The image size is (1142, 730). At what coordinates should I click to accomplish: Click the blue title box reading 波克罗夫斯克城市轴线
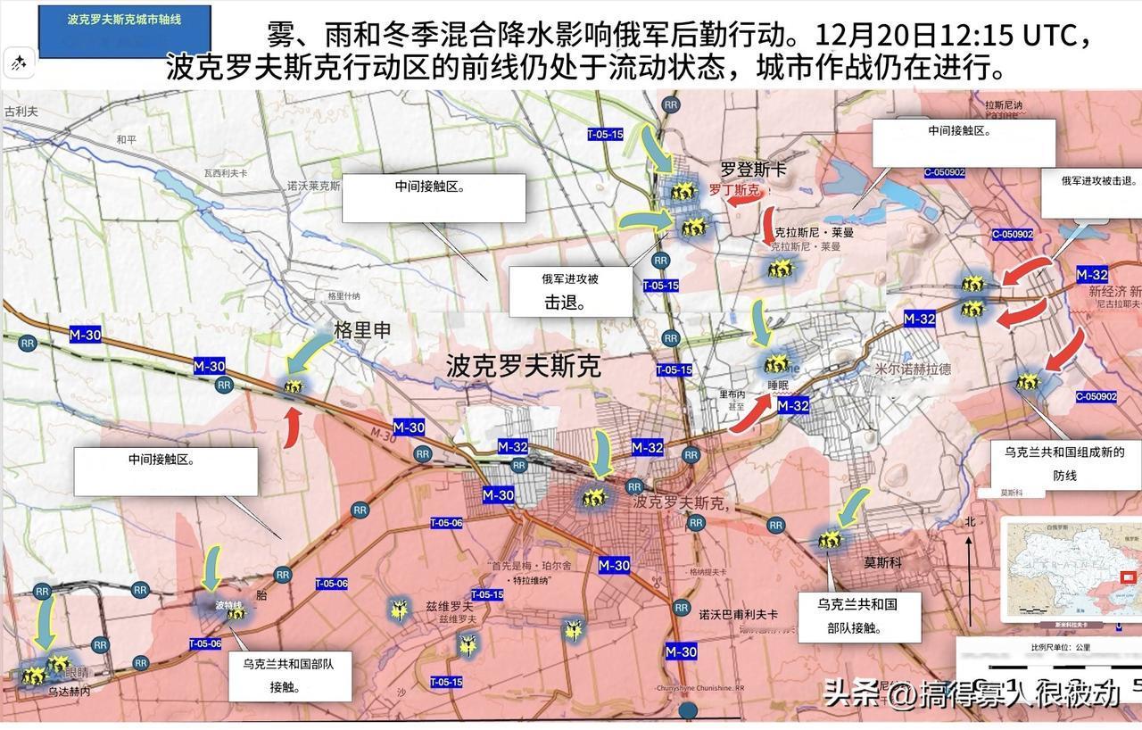pyautogui.click(x=124, y=19)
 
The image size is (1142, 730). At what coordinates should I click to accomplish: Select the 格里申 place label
pyautogui.click(x=362, y=330)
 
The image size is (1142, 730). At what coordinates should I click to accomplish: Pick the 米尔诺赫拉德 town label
pyautogui.click(x=913, y=369)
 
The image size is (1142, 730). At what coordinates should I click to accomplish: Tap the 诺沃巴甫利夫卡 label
pyautogui.click(x=738, y=615)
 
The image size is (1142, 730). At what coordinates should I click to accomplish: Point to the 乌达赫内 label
pyautogui.click(x=69, y=691)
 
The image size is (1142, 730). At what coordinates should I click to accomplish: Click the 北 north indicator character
pyautogui.click(x=969, y=521)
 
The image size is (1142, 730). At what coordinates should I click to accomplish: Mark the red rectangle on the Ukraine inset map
pyautogui.click(x=1126, y=577)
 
